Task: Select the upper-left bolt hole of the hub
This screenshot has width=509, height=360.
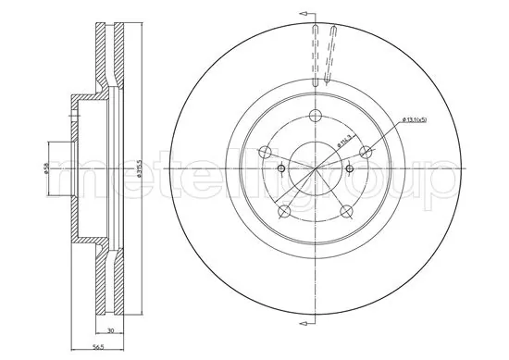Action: click(265, 153)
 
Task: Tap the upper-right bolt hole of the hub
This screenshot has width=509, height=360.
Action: click(366, 152)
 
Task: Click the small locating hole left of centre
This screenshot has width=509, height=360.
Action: click(280, 168)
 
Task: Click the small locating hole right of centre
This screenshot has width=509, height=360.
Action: click(350, 168)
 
